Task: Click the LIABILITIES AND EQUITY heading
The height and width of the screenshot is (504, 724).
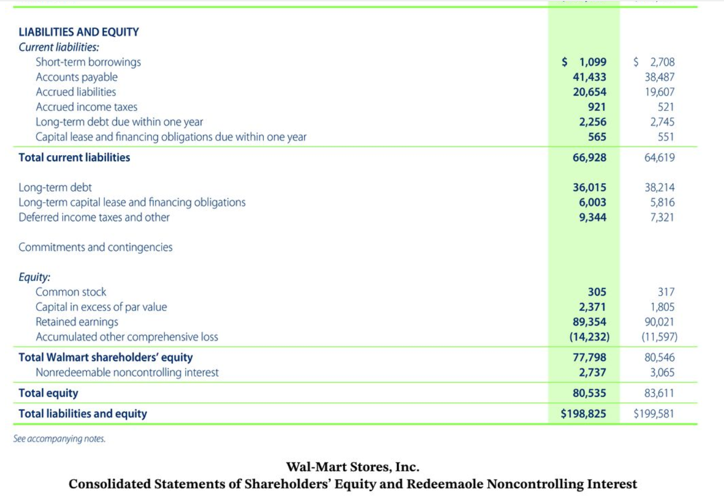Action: pos(79,32)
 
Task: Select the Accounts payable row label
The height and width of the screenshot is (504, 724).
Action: pos(76,77)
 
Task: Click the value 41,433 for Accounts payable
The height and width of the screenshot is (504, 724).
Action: pos(589,77)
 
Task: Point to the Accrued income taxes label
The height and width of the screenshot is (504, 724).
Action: pos(86,107)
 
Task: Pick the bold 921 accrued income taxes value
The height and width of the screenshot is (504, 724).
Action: pos(597,107)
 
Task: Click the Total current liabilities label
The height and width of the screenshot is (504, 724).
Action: pos(74,157)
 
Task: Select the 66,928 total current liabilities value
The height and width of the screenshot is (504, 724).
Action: pos(589,157)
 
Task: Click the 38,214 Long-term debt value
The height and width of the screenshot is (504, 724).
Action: pos(660,187)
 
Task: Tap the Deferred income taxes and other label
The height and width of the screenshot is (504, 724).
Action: pos(94,218)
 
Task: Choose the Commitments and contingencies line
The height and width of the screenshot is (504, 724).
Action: pos(96,247)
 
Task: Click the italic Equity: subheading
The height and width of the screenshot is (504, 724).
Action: pos(34,277)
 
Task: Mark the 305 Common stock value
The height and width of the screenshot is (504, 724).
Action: pos(597,292)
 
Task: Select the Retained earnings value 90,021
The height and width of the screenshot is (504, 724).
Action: pos(660,322)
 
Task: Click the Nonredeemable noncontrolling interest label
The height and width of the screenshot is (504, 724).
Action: pos(127,372)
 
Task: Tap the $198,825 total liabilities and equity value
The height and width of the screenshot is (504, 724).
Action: pos(583,414)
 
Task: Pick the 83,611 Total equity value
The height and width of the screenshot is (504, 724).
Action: pos(660,393)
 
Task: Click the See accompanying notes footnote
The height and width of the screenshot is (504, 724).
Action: pos(60,438)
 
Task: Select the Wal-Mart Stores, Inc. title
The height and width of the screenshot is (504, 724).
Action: pos(353,467)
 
